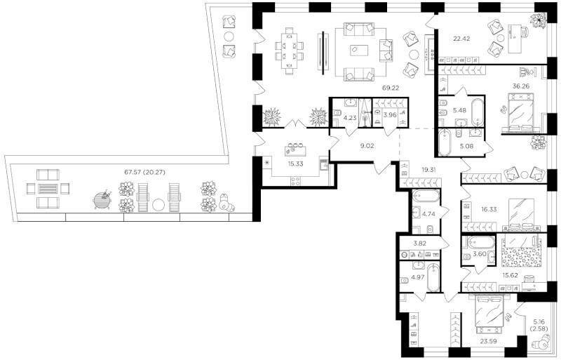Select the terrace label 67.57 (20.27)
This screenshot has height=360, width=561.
coord(144,172)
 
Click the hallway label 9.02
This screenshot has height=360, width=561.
coord(367,146)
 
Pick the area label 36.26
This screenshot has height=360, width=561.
coord(520,86)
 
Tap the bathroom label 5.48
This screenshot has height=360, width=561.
coord(459,111)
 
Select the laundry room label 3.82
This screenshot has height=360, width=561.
coord(419,244)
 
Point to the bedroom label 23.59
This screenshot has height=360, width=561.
coord(489,341)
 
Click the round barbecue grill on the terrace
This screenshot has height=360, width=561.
coord(102,199)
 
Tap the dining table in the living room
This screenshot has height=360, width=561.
coord(289,53)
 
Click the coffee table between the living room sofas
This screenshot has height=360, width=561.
coord(361,50)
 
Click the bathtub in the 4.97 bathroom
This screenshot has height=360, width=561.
coord(433,278)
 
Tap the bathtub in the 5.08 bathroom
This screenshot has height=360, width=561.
coord(445,142)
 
